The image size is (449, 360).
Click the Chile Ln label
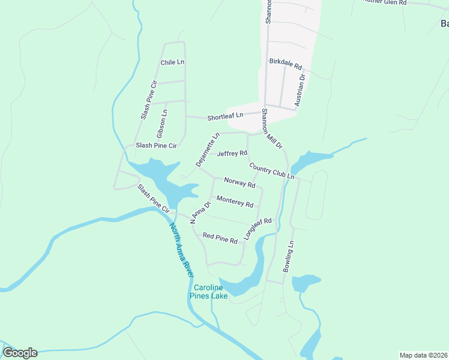(x=172, y=62)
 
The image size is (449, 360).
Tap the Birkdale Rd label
(x=285, y=62)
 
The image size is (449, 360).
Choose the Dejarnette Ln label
(x=204, y=150)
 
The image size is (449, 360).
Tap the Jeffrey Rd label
(x=232, y=154)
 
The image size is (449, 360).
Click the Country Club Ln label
(x=272, y=171)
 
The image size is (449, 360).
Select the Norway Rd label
(x=240, y=182)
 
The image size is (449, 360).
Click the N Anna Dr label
(x=201, y=212)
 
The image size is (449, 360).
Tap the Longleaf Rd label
(x=258, y=229)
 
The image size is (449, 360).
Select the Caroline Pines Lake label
(x=208, y=292)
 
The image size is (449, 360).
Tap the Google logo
(x=20, y=353)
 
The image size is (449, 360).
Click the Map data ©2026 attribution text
(x=424, y=355)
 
